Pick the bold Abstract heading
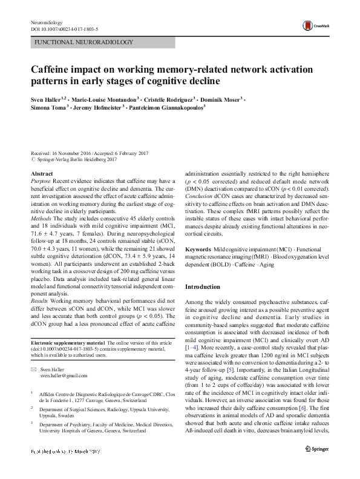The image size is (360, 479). coord(42,174)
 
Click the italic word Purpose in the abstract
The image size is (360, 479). coord(41,182)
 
